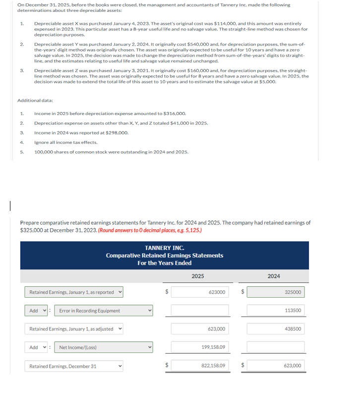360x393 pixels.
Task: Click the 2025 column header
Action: [x=197, y=276]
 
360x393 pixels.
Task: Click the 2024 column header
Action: [x=274, y=276]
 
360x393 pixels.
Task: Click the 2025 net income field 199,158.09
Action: [x=200, y=347]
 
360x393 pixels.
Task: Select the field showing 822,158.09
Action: [x=200, y=366]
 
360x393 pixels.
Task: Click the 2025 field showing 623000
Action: [x=200, y=292]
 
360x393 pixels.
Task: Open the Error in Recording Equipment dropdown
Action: [x=104, y=311]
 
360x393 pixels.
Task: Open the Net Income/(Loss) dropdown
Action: [x=104, y=347]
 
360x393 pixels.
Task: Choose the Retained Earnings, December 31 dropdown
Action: [x=74, y=366]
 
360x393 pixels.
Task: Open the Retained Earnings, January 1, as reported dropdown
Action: [x=74, y=292]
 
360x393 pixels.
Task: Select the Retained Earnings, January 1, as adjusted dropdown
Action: [x=74, y=329]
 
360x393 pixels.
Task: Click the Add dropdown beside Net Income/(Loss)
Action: [x=36, y=347]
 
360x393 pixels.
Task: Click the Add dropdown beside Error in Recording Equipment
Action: [x=36, y=311]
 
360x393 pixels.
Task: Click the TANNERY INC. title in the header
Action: [x=164, y=248]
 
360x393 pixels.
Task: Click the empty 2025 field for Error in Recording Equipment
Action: [x=200, y=311]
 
